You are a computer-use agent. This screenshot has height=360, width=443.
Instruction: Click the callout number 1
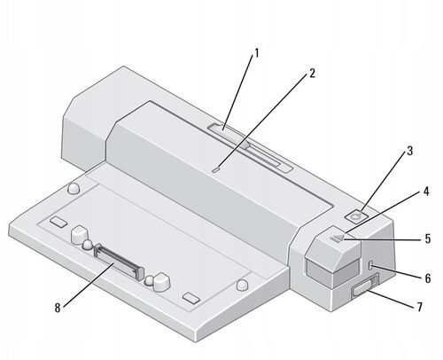tap(257, 52)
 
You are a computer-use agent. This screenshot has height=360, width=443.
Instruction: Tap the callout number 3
tap(408, 151)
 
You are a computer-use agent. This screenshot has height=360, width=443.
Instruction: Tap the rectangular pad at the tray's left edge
tap(58, 220)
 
